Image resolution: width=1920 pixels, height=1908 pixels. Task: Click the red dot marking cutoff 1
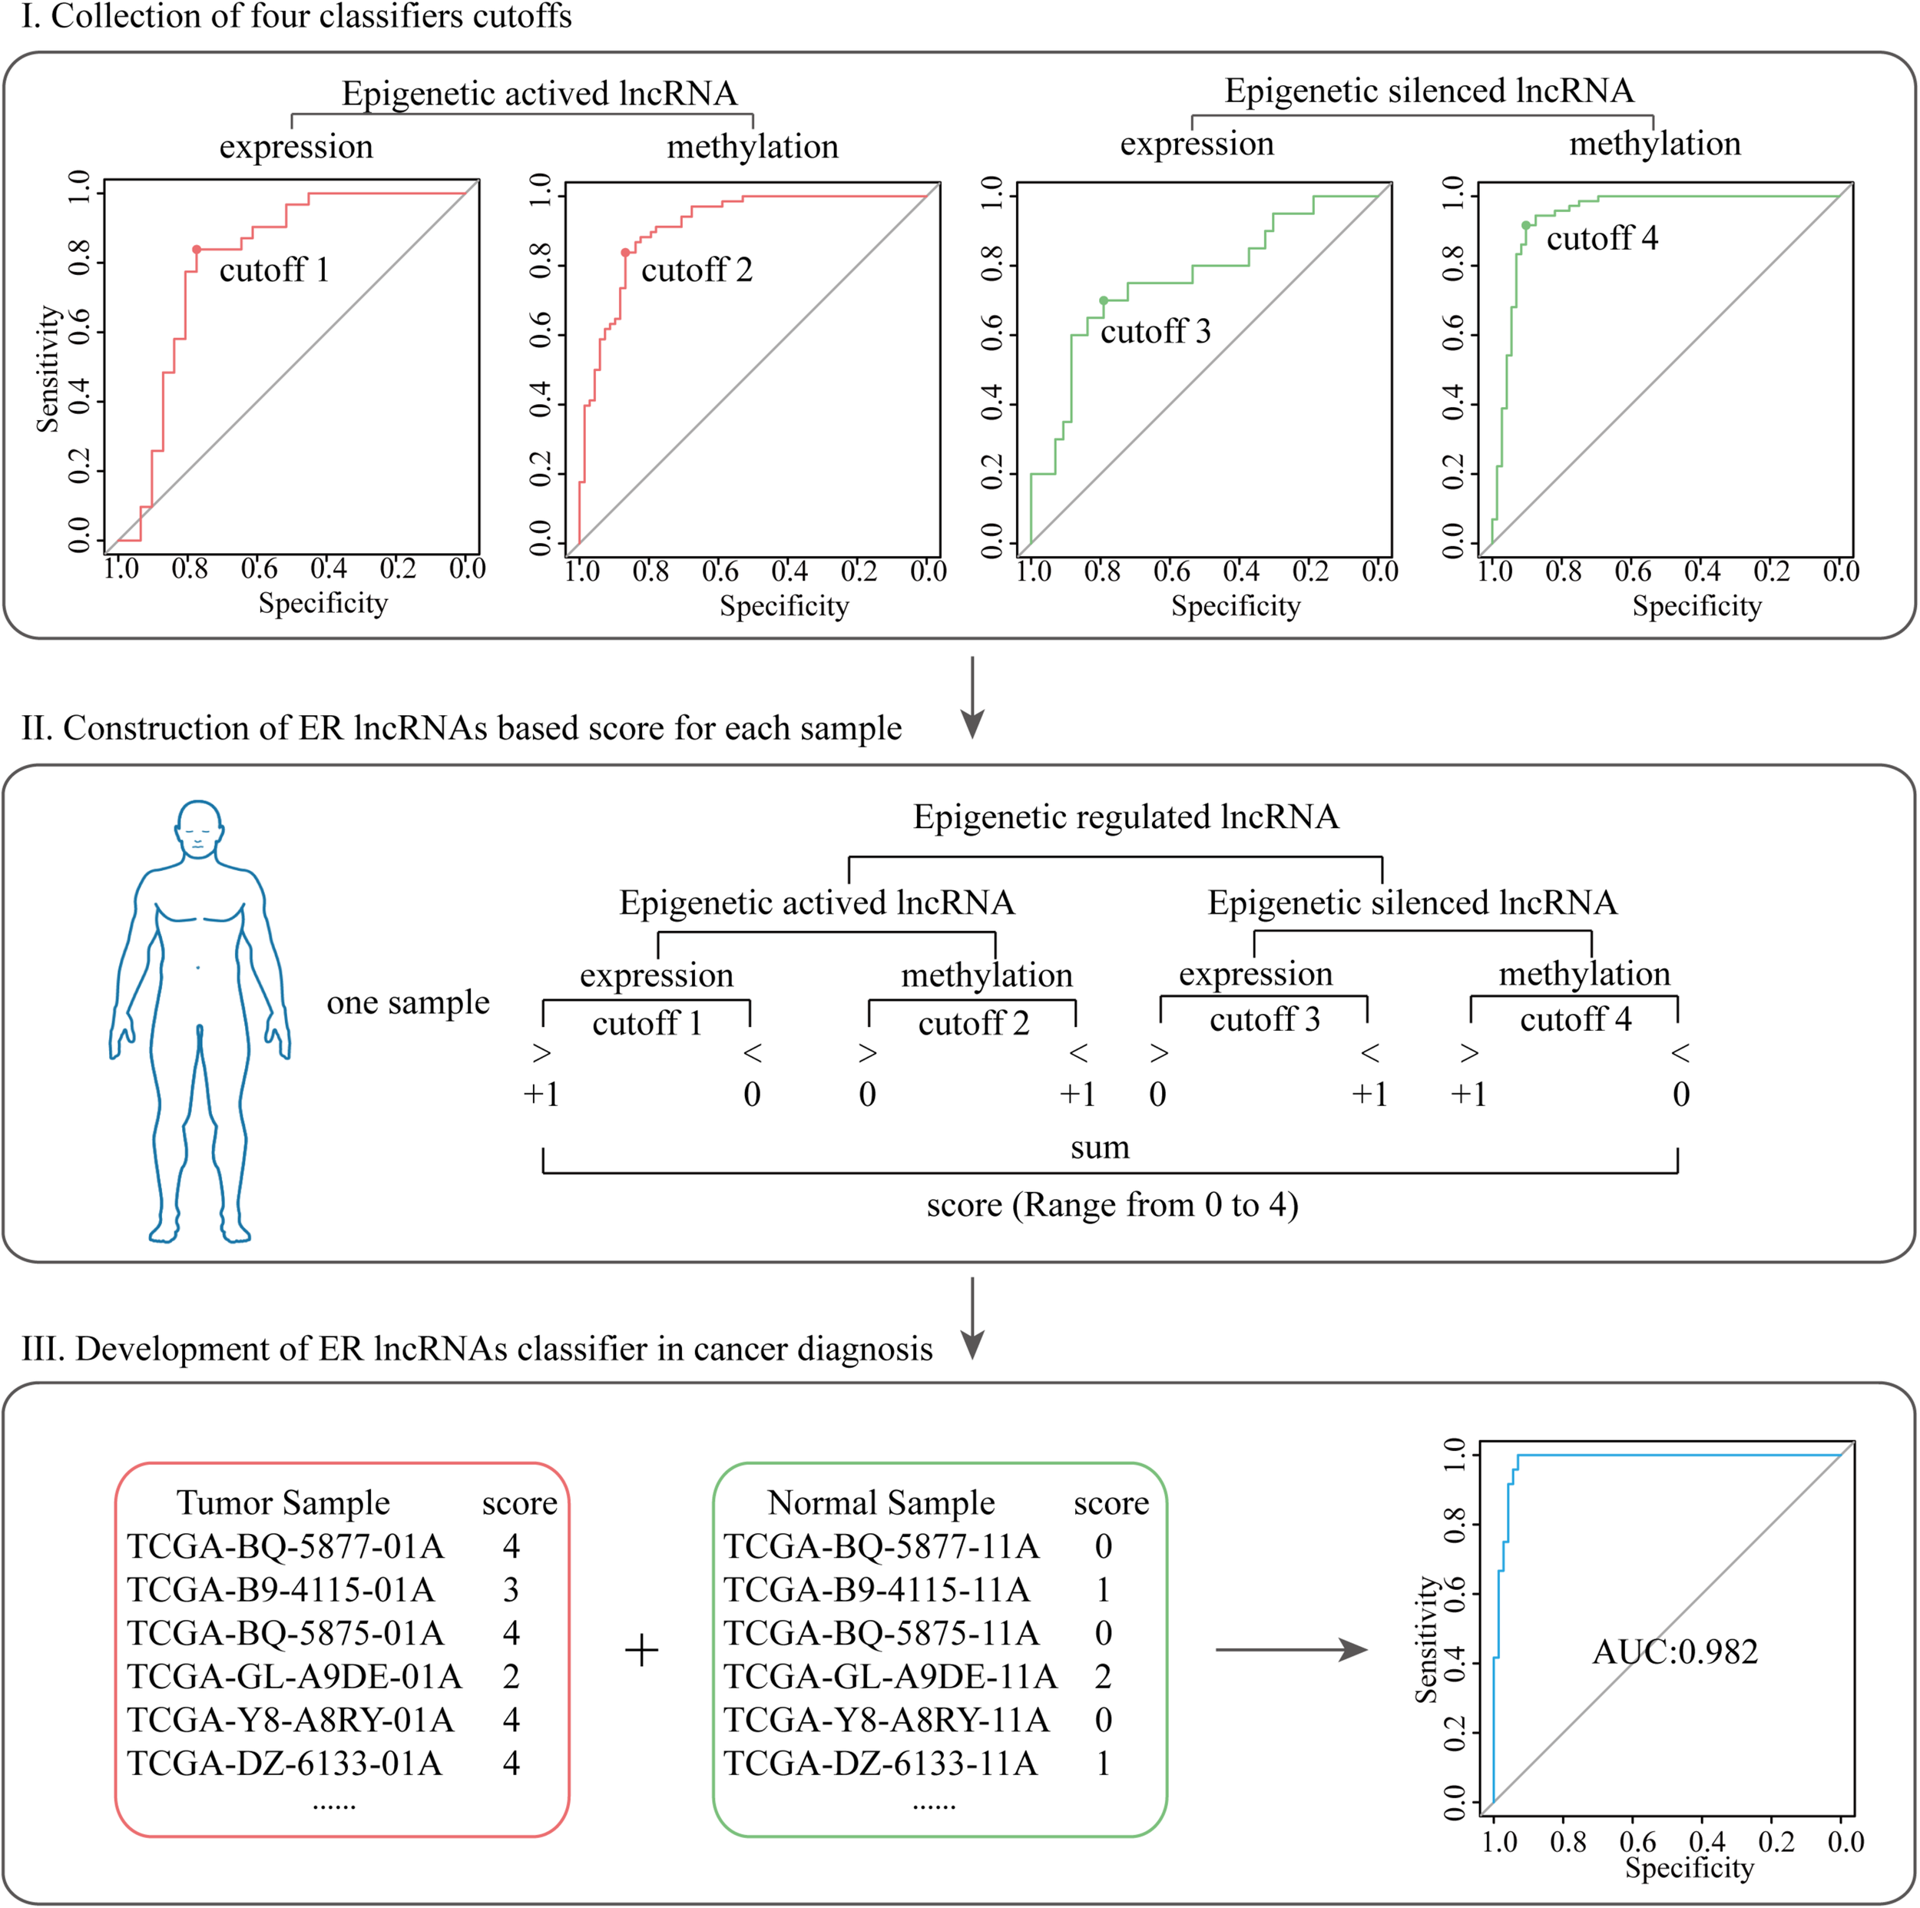[x=197, y=250]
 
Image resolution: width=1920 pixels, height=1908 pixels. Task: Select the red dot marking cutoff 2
[x=625, y=253]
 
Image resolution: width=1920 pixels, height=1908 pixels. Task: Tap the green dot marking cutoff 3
[x=1103, y=300]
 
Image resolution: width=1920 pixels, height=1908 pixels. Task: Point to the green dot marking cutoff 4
[x=1525, y=226]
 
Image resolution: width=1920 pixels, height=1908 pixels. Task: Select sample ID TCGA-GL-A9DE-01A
[x=294, y=1677]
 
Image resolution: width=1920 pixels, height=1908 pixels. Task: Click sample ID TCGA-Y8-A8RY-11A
[x=886, y=1720]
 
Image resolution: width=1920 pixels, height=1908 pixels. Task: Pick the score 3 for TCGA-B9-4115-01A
[x=511, y=1590]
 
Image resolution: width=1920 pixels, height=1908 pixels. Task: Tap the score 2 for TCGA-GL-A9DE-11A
[x=1103, y=1677]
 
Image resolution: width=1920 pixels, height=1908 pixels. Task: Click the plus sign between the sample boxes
[x=642, y=1651]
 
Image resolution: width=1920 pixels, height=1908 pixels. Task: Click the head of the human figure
[x=199, y=828]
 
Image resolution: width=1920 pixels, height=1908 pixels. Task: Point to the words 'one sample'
[x=408, y=1002]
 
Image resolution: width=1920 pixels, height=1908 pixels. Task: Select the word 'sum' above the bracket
[x=1100, y=1148]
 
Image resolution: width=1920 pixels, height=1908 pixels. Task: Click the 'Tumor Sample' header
[x=283, y=1502]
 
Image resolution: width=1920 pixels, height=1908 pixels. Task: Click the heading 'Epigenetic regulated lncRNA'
[x=1126, y=817]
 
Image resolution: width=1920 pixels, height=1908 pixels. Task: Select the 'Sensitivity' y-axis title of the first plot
[x=47, y=369]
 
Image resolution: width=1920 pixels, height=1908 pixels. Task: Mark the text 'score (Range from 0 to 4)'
[x=1112, y=1204]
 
